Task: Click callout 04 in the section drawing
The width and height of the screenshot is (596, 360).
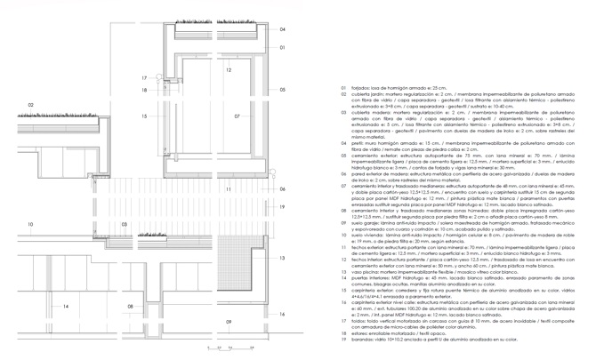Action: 282,29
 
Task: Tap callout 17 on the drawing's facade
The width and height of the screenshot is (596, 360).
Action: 143,78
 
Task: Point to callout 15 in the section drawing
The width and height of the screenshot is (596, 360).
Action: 143,116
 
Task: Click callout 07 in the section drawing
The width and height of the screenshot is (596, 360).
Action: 238,116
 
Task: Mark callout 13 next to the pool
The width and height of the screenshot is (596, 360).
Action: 281,258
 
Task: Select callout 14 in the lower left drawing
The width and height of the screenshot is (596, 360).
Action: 65,307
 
